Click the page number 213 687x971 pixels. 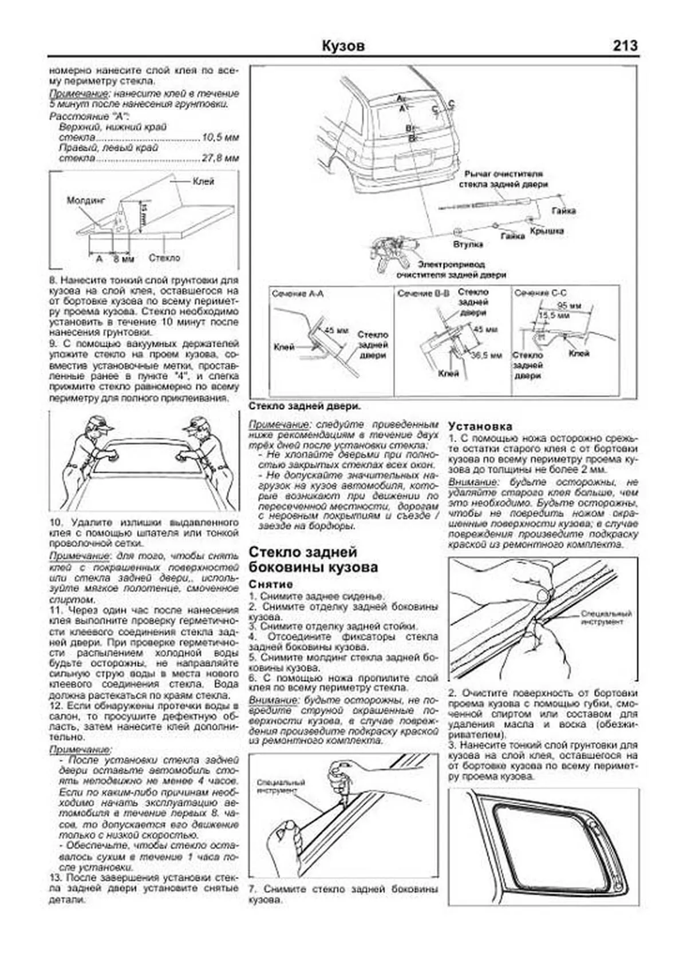(x=625, y=45)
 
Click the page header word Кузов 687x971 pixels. (x=343, y=46)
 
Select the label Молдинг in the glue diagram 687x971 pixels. (x=86, y=200)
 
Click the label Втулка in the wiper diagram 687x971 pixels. (x=467, y=244)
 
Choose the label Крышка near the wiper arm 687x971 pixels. (x=546, y=231)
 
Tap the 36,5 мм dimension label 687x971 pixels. (x=485, y=355)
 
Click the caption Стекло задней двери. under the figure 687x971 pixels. (x=304, y=406)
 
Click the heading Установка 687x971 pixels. (x=480, y=426)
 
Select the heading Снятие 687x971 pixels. (x=271, y=584)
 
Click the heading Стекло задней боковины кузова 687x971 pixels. (x=313, y=559)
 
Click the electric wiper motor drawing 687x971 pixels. (x=392, y=251)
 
